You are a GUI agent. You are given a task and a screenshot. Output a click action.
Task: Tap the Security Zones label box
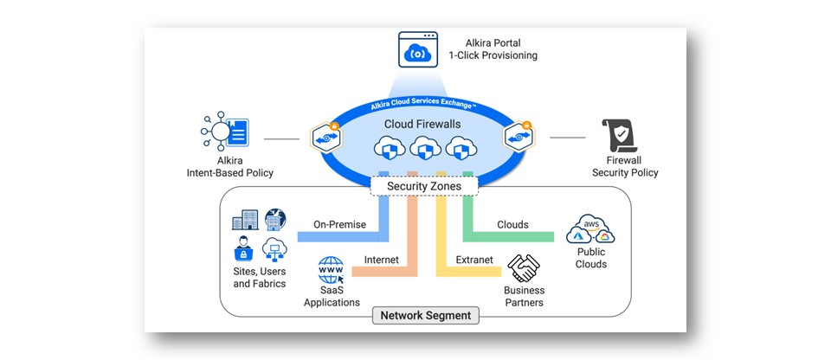point(423,186)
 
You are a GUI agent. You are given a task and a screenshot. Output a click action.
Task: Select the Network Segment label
point(426,316)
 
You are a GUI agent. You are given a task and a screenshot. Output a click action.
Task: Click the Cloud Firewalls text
point(422,125)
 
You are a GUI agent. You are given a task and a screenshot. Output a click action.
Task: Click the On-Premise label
point(340,225)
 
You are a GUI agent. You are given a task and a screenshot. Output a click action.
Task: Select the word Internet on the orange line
point(381,259)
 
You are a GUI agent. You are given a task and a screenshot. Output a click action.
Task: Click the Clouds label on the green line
point(512,225)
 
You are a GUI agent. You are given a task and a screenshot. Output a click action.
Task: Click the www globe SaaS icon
point(332,269)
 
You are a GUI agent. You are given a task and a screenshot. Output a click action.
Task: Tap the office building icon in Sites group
point(245,222)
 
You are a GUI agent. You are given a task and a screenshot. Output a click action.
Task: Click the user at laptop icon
point(243,251)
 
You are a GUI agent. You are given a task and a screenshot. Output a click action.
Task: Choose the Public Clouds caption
point(591,258)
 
